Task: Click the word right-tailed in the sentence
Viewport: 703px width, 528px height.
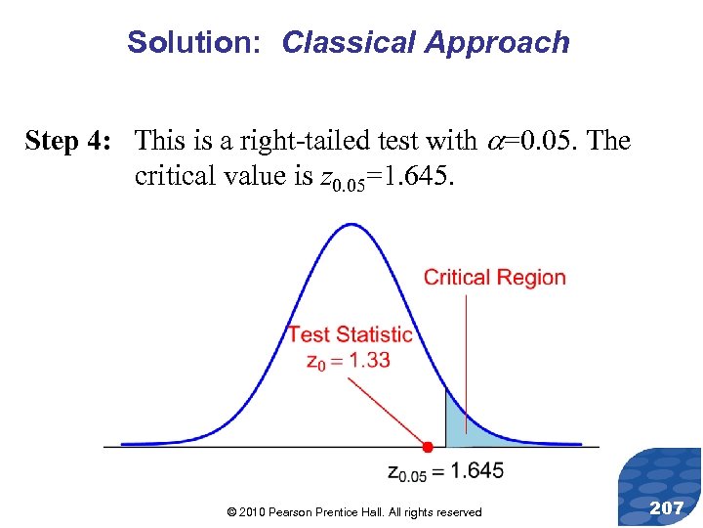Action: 303,142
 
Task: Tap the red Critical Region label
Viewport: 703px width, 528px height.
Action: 494,278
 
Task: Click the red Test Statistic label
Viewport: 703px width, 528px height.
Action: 350,335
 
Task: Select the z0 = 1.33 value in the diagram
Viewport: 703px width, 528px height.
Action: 349,361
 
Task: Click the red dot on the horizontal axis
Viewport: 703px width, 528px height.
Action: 427,447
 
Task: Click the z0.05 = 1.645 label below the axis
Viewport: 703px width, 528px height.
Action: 445,471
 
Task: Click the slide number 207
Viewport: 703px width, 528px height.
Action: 666,507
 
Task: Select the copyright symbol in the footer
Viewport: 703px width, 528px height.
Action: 230,512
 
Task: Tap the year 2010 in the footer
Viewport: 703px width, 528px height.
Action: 252,512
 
